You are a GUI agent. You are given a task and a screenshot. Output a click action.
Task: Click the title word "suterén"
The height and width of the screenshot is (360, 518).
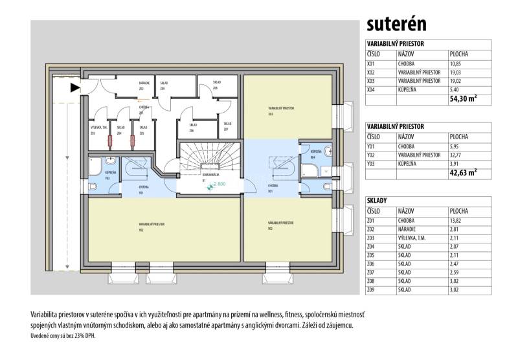[396, 24]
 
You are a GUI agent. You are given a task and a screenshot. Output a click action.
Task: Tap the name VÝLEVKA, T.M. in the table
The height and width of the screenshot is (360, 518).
[414, 238]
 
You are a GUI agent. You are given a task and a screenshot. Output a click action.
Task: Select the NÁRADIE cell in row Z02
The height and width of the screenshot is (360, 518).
[409, 229]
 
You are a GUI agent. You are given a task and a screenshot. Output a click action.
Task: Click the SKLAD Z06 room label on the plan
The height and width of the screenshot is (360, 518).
[192, 127]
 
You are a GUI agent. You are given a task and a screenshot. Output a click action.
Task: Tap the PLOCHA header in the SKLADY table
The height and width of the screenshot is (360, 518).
[459, 210]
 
